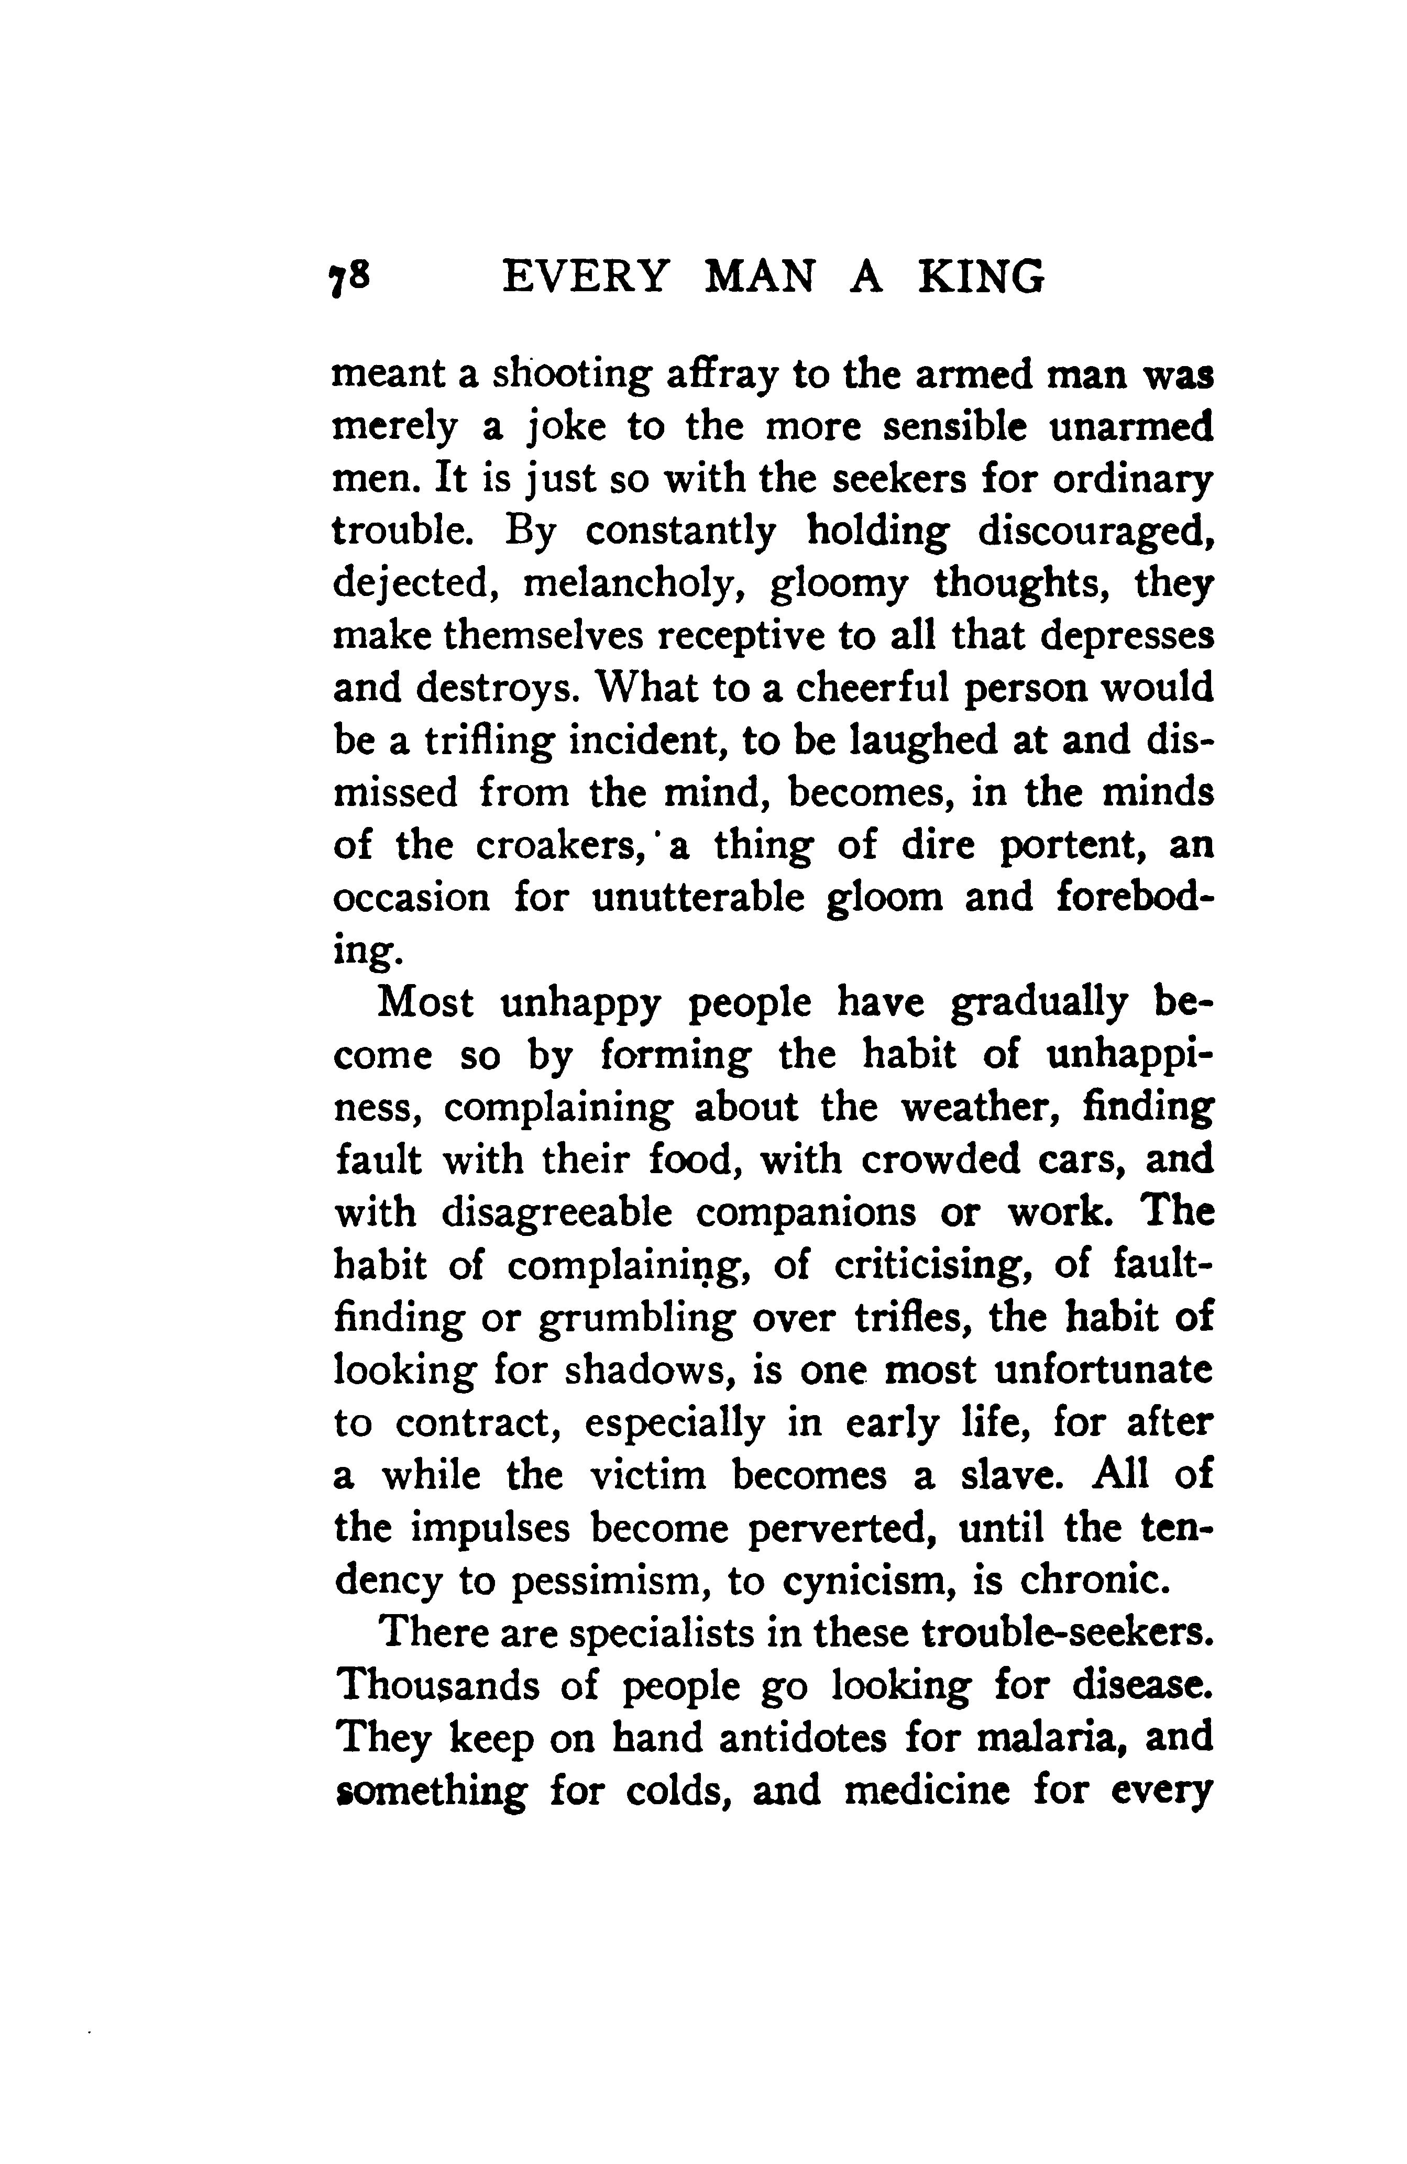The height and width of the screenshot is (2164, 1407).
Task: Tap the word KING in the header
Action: point(982,278)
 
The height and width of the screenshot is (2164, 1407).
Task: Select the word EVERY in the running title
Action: point(587,278)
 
